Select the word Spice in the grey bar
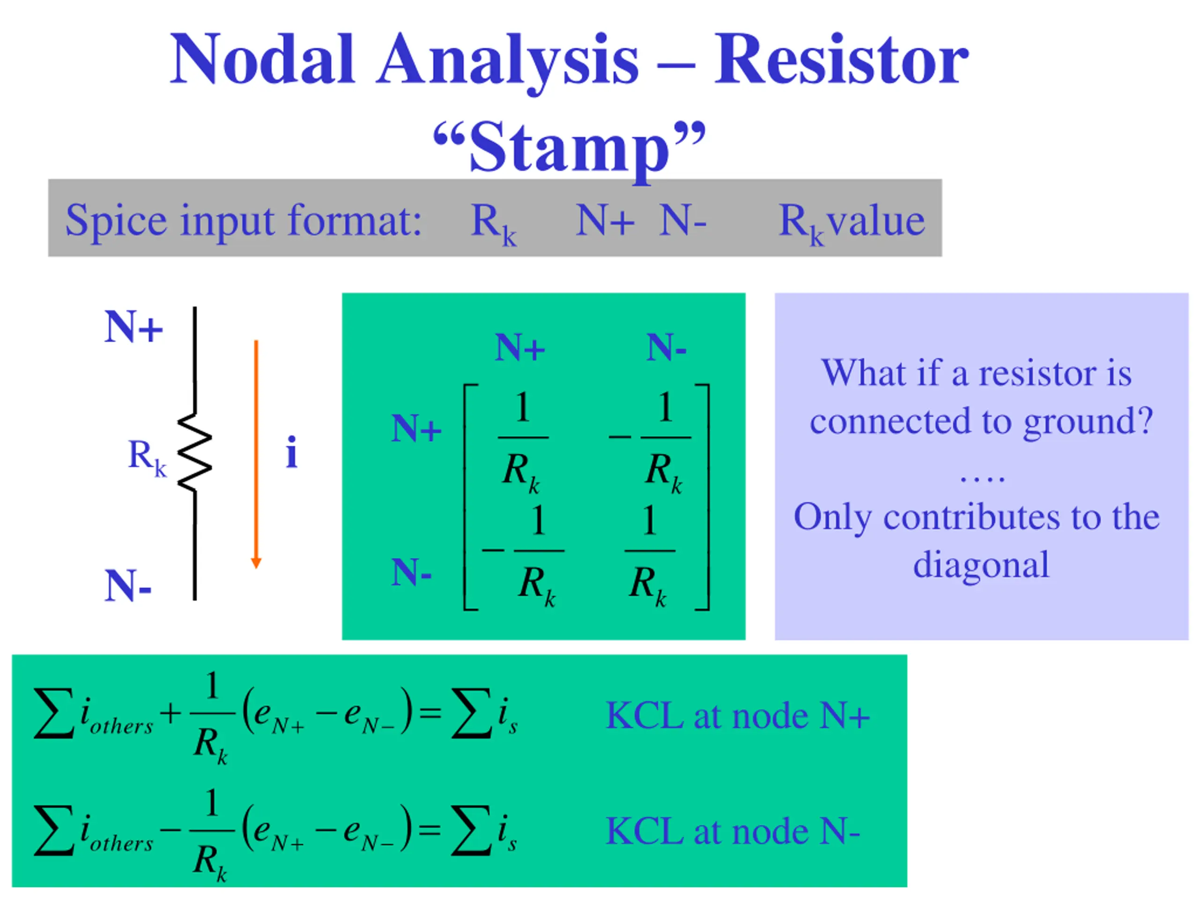coord(116,221)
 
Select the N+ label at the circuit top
coord(133,327)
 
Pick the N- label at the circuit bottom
coord(128,586)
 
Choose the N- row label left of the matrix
coord(411,572)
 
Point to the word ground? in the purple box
coord(1088,421)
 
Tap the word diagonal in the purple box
coord(981,565)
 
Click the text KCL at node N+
coord(738,716)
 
